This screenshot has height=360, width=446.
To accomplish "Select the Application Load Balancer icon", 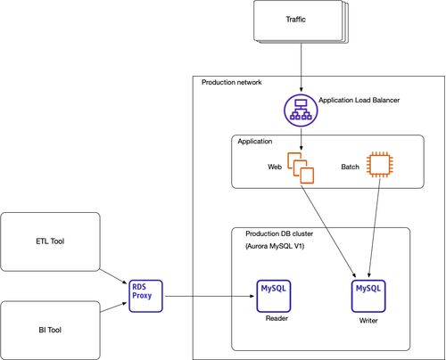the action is pyautogui.click(x=301, y=110).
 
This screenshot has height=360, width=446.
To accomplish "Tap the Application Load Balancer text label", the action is pyautogui.click(x=359, y=100).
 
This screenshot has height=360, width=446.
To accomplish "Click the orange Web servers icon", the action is pyautogui.click(x=301, y=168).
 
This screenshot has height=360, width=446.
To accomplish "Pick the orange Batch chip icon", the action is pyautogui.click(x=380, y=165).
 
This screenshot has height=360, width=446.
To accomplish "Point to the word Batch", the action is pyautogui.click(x=350, y=167).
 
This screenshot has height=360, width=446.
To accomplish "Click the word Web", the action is pyautogui.click(x=275, y=167).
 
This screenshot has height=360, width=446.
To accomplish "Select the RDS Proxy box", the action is pyautogui.click(x=145, y=296).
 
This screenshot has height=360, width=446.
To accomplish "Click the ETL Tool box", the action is pyautogui.click(x=50, y=241).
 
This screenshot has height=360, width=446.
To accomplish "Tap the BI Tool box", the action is pyautogui.click(x=50, y=330).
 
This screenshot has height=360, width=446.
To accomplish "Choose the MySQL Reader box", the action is pyautogui.click(x=274, y=296).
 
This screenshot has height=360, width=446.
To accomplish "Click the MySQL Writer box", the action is pyautogui.click(x=368, y=296).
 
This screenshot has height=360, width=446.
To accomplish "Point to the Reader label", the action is pyautogui.click(x=277, y=318).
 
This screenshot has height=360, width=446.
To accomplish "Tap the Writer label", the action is pyautogui.click(x=368, y=321).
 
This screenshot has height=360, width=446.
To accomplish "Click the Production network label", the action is pyautogui.click(x=232, y=82).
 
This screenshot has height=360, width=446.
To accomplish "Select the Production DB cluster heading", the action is pyautogui.click(x=279, y=233).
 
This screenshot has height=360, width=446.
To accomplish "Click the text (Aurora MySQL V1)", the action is pyautogui.click(x=275, y=246).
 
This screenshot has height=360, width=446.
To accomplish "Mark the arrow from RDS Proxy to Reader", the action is pyautogui.click(x=210, y=296).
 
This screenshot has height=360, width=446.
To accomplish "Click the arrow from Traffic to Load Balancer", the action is pyautogui.click(x=301, y=68).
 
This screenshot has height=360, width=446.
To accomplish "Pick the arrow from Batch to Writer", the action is pyautogui.click(x=375, y=228).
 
